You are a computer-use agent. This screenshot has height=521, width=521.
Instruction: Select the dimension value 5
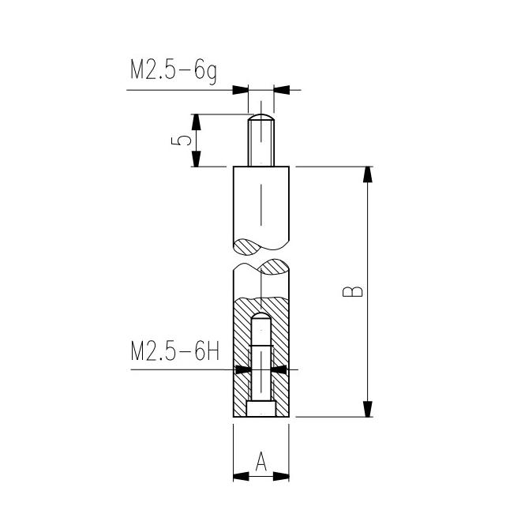coord(182,141)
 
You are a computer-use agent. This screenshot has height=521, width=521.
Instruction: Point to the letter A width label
coord(261,459)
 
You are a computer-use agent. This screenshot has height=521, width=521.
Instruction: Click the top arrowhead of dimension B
coord(367,174)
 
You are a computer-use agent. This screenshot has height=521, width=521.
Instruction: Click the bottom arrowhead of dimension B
coord(367,408)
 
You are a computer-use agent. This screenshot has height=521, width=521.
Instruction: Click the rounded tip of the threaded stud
coord(261,119)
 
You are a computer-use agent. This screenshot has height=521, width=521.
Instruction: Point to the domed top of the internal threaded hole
coord(261,318)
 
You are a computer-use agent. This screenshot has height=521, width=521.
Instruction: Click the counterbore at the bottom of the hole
coord(261,409)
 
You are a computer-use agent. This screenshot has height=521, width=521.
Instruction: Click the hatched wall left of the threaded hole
coord(242,355)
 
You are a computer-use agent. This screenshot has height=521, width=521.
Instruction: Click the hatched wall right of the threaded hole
coord(281,355)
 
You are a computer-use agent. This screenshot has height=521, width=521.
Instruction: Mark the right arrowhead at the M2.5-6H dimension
coord(278,369)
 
